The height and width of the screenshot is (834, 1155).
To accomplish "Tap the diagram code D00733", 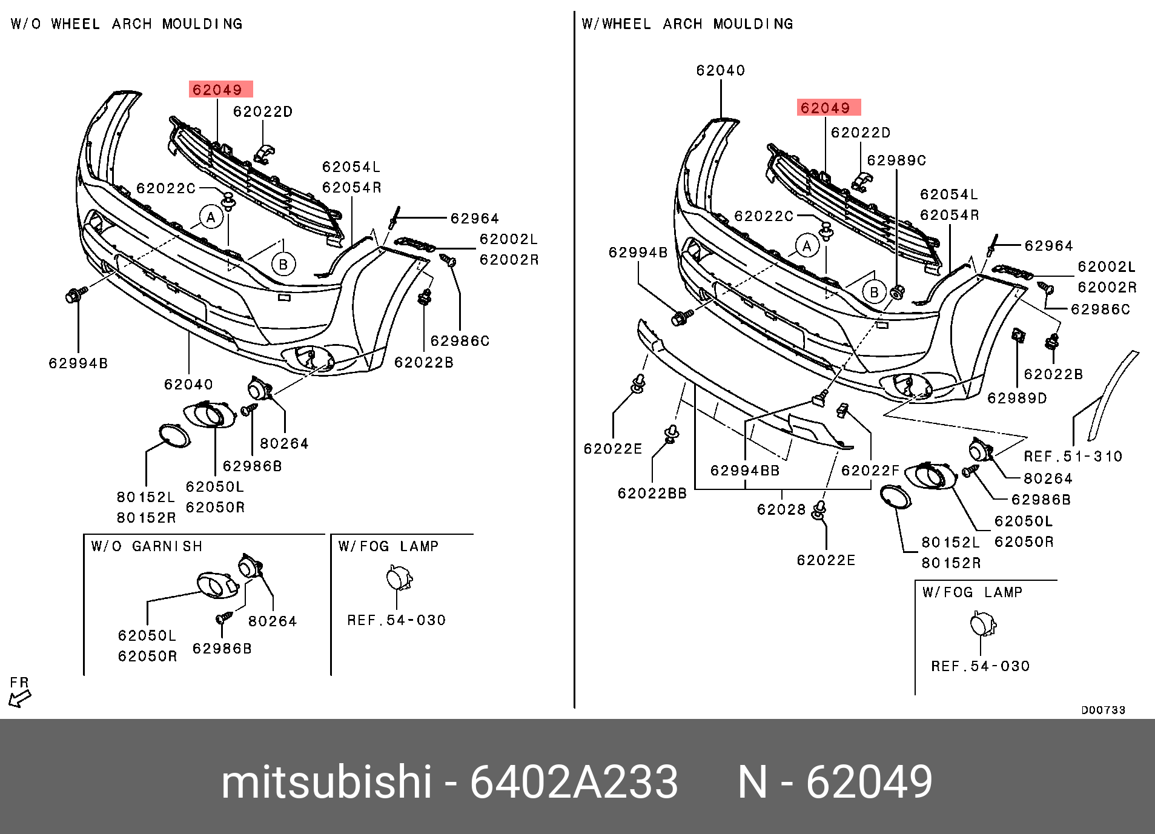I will (x=1103, y=710).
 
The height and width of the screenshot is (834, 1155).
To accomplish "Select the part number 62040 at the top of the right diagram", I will (x=720, y=70).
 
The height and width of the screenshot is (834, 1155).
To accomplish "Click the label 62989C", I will (x=896, y=160).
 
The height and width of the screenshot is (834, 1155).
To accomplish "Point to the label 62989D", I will (x=1017, y=398).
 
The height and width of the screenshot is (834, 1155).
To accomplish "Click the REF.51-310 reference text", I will (x=1073, y=456).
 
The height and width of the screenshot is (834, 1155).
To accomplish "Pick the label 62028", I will (x=781, y=509).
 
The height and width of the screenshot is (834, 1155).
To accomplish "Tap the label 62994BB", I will (x=745, y=471).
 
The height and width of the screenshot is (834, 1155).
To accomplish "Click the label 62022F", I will (x=870, y=471).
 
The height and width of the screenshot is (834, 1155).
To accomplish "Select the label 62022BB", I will (x=652, y=493).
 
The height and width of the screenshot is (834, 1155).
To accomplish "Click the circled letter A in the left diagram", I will (x=211, y=217).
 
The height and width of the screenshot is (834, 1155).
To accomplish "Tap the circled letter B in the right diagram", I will (x=874, y=293).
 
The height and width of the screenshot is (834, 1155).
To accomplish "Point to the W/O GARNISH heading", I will (x=147, y=546).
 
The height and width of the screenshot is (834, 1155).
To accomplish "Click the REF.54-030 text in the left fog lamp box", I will (x=396, y=620).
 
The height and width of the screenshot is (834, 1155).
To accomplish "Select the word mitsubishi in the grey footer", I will (x=326, y=782).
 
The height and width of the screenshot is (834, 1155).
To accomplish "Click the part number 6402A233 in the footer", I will (x=574, y=782).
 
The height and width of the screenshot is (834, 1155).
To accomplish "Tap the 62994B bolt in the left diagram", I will (x=75, y=295).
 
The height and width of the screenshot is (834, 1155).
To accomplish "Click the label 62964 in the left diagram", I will (x=475, y=218).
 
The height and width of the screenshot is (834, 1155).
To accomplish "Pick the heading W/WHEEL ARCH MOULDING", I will (x=687, y=24).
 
